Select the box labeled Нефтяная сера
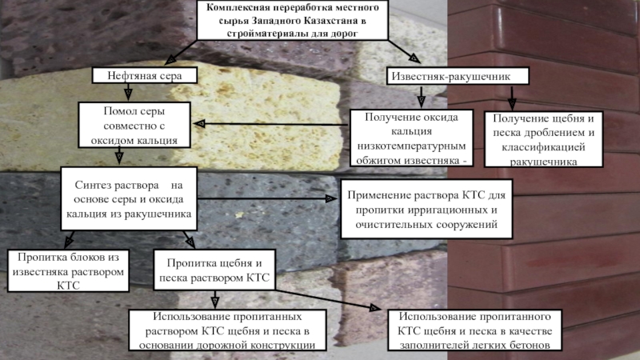coord(145,75)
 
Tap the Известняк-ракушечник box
coord(459,75)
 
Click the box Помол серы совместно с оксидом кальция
coord(134,126)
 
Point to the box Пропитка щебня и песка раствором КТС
coord(214,270)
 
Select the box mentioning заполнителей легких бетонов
coord(474,330)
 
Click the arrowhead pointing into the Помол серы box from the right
coord(202,124)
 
